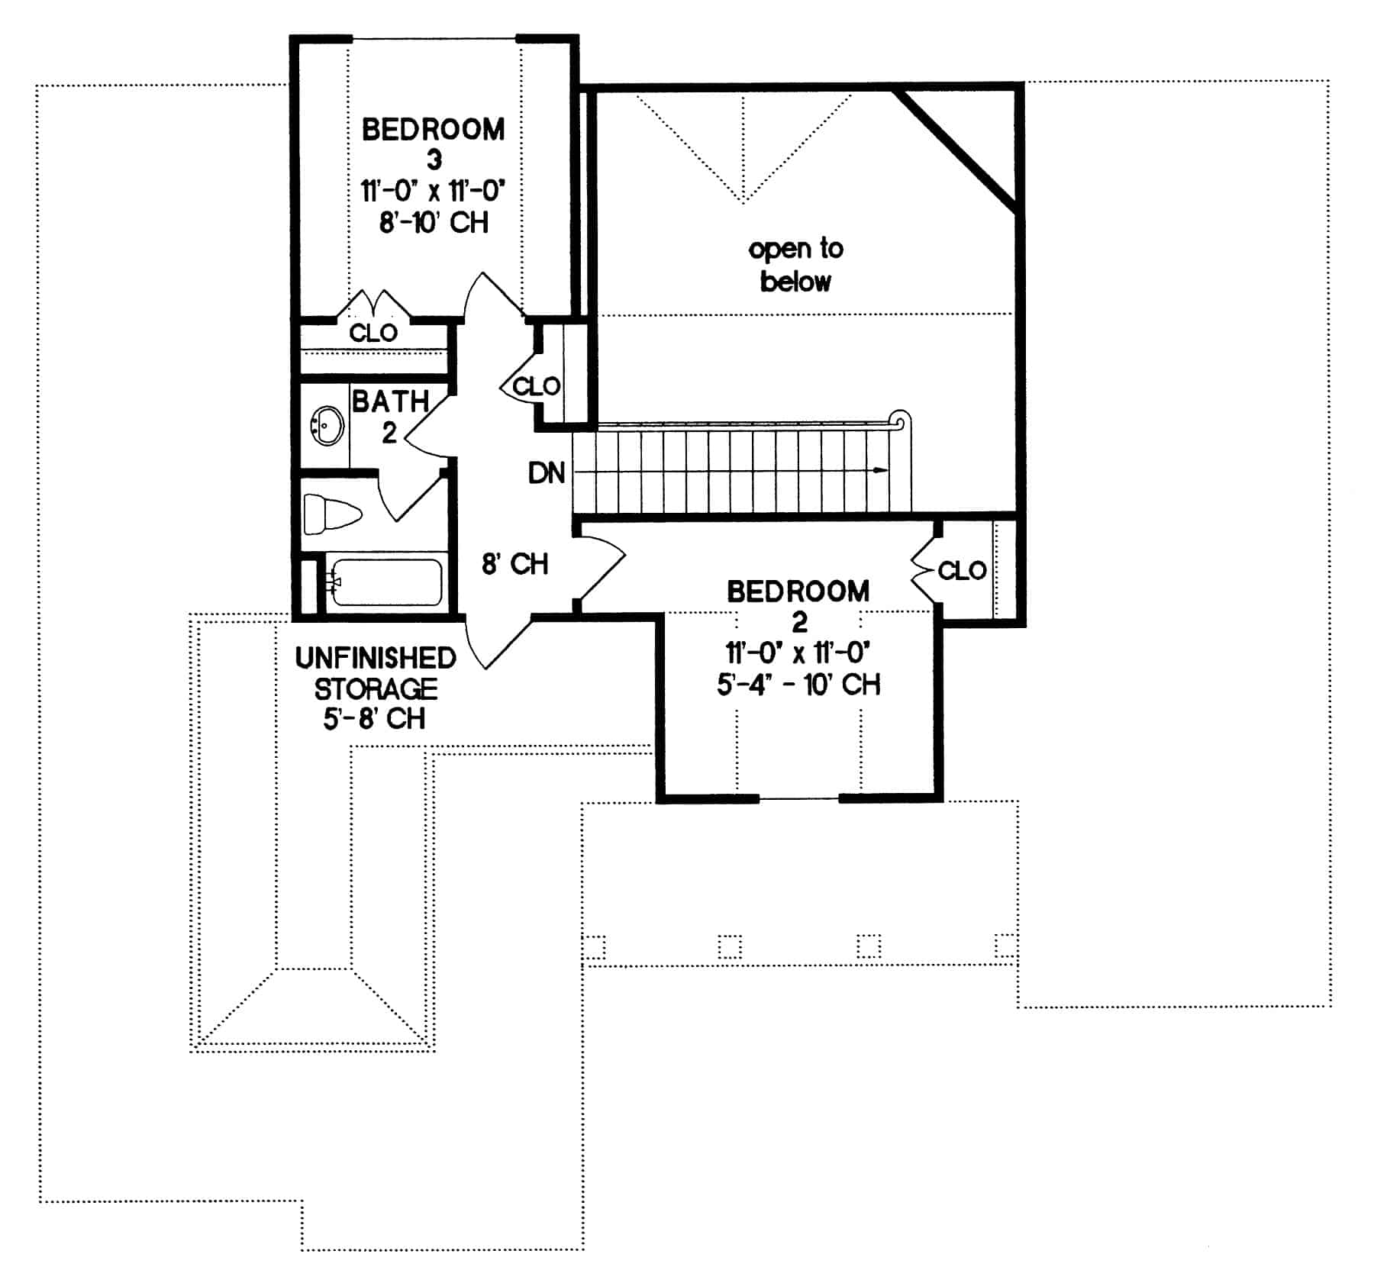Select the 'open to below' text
(795, 265)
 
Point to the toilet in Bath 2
(331, 514)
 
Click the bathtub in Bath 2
(386, 583)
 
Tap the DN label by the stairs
(546, 473)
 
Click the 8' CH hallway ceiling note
(514, 564)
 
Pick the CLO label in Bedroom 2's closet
(962, 570)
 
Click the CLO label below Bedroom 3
(373, 333)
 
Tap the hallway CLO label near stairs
(537, 386)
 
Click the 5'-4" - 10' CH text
(798, 684)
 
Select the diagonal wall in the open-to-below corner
(956, 151)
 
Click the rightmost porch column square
(1005, 946)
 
